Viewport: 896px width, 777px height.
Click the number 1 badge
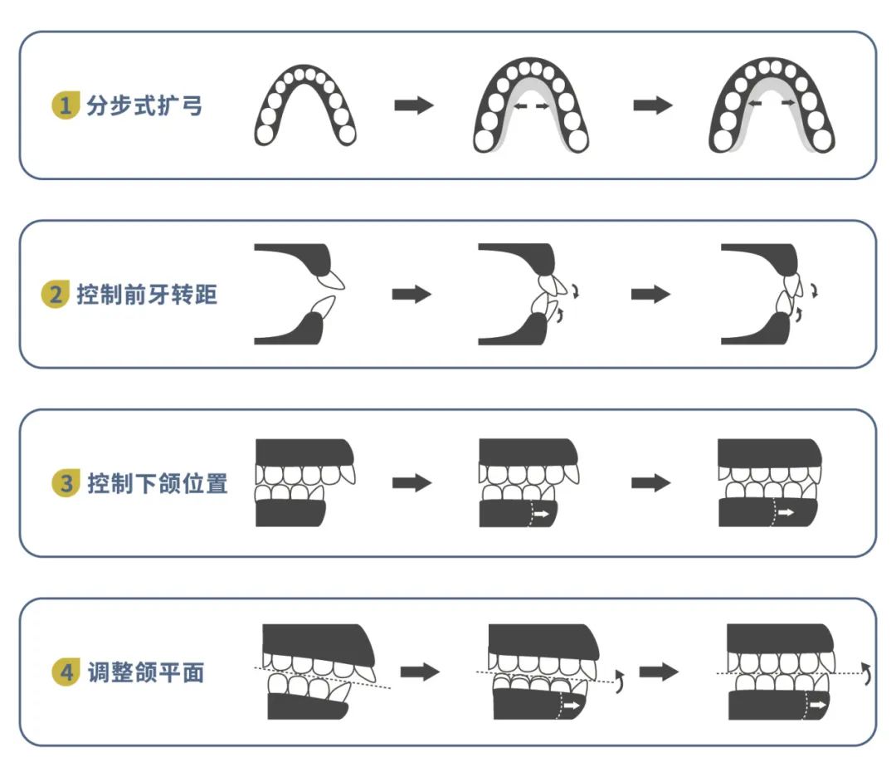64,106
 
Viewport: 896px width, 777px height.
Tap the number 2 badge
54,295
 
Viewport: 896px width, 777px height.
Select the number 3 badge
66,483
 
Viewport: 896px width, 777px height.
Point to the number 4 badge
66,672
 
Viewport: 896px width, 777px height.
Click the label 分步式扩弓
144,106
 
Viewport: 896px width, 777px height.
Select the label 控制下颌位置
157,483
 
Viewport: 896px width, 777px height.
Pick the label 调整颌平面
145,672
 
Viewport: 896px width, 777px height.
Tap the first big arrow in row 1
414,105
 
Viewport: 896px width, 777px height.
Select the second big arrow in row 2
650,295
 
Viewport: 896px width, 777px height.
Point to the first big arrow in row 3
412,483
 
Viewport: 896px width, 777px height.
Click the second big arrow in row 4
660,672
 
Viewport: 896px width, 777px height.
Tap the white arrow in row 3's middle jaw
541,515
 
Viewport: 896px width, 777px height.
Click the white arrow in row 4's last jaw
818,705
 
